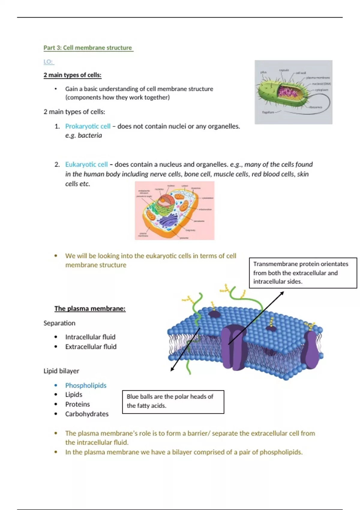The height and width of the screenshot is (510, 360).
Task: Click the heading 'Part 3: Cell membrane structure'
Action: pyautogui.click(x=88, y=48)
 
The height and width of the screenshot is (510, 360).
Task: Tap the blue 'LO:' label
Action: pyautogui.click(x=48, y=62)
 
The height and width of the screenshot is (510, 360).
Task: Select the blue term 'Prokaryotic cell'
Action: pyautogui.click(x=88, y=126)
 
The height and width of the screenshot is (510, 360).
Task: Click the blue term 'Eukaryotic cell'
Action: pyautogui.click(x=86, y=164)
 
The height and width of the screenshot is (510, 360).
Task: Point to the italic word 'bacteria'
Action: pyautogui.click(x=90, y=135)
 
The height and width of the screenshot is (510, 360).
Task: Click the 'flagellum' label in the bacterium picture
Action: pyautogui.click(x=268, y=112)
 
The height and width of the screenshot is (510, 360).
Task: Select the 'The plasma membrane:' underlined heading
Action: pyautogui.click(x=90, y=308)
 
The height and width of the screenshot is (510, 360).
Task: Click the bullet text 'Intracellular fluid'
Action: pyautogui.click(x=90, y=337)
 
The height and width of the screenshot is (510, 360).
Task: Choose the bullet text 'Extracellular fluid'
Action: pyautogui.click(x=91, y=346)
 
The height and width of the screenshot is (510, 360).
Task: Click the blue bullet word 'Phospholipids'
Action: pyautogui.click(x=86, y=385)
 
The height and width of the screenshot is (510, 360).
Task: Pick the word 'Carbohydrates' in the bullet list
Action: pyautogui.click(x=87, y=414)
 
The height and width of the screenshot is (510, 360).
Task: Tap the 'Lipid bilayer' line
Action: pyautogui.click(x=61, y=371)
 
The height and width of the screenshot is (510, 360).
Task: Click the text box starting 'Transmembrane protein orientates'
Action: pyautogui.click(x=303, y=273)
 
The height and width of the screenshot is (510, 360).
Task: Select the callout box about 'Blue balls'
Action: pyautogui.click(x=173, y=402)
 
